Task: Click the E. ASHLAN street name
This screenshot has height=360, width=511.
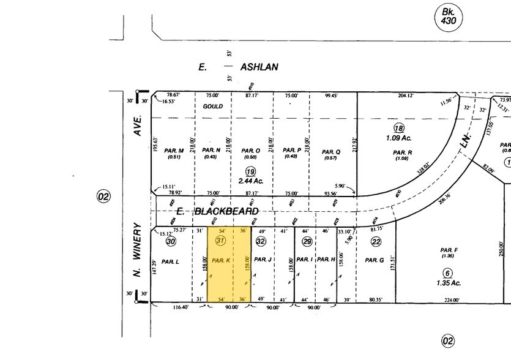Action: point(239,67)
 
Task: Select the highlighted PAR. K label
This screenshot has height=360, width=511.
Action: point(220,260)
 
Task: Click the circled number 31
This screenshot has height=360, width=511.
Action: point(222,241)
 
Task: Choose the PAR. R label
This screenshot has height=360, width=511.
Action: point(402,152)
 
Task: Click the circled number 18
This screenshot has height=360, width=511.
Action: point(399,128)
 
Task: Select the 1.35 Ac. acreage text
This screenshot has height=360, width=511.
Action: point(448,283)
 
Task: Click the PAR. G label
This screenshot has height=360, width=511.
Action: point(374,260)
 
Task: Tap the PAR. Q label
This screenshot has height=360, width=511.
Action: point(330,151)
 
